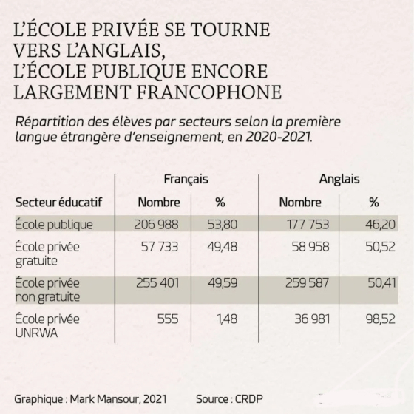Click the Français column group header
(186, 179)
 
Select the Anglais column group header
(339, 179)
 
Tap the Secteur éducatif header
(58, 203)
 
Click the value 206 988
(156, 225)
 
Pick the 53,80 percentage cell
(223, 225)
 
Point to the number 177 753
(308, 225)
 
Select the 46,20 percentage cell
(381, 225)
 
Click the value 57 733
(160, 247)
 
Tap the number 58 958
(310, 247)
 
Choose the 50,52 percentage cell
(381, 247)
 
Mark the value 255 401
(157, 283)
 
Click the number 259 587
(308, 283)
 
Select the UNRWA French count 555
(168, 319)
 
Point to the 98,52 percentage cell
(381, 319)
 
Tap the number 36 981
(312, 319)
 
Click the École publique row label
(54, 225)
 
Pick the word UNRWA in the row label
(36, 333)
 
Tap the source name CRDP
(249, 399)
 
